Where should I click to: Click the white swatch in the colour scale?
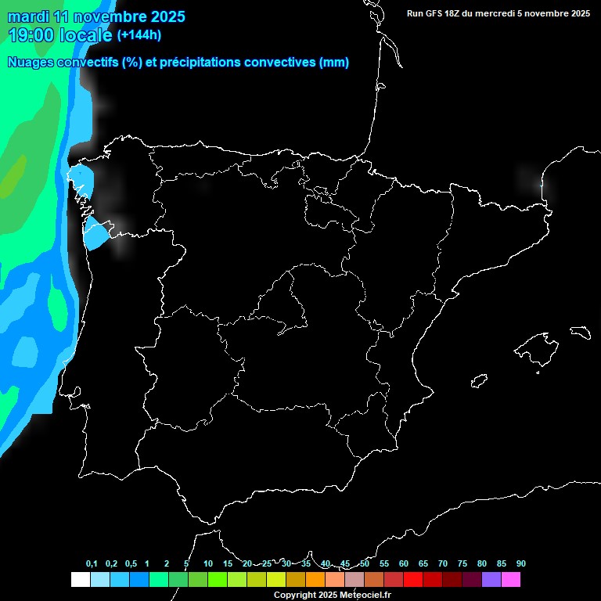click(80, 580)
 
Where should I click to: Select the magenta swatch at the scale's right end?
click(510, 580)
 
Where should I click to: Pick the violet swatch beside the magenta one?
click(491, 580)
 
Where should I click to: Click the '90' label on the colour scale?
click(520, 564)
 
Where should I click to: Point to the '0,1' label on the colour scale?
click(92, 564)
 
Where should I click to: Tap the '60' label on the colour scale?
click(403, 564)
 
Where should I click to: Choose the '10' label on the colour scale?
click(207, 564)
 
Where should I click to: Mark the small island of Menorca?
click(581, 332)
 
